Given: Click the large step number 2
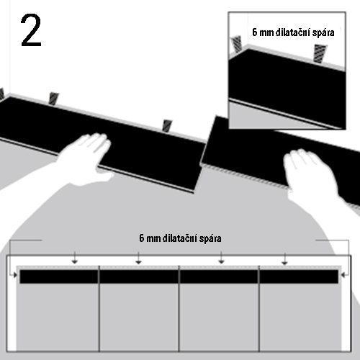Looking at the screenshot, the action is click(31, 30).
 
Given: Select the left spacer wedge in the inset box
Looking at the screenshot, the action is click(236, 44).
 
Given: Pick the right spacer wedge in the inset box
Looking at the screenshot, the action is click(320, 53).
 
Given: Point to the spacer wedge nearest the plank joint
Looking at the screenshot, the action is click(167, 126).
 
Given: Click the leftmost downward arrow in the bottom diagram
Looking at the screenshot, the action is click(75, 258).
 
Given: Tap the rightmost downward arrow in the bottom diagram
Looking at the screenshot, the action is click(285, 258).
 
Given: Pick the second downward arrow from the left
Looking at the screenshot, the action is click(138, 258).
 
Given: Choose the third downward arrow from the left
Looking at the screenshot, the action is click(221, 258).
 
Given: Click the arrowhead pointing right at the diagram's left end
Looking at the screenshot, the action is click(15, 275).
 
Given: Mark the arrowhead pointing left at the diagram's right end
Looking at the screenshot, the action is click(343, 275).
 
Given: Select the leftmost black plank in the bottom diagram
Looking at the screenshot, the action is click(59, 276).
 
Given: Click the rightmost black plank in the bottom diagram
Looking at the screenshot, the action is click(299, 276).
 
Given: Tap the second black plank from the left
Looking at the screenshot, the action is click(139, 276).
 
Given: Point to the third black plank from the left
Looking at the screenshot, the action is click(219, 276).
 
